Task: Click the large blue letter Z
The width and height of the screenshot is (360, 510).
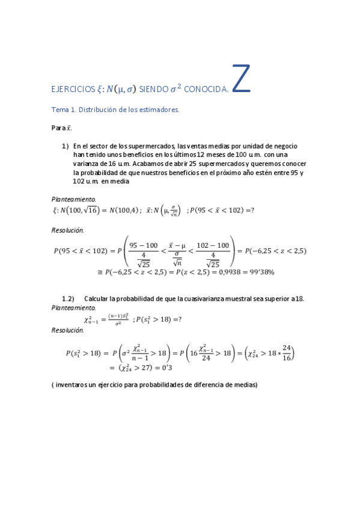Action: [240, 79]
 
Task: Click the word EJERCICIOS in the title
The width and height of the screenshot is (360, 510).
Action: [73, 90]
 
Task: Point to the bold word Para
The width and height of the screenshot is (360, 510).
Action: [58, 128]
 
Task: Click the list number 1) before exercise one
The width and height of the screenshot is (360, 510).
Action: [66, 146]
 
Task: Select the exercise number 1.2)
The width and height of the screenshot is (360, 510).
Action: [68, 298]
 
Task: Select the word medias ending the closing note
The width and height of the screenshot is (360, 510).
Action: [246, 385]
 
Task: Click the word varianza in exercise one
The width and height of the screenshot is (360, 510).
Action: [87, 164]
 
